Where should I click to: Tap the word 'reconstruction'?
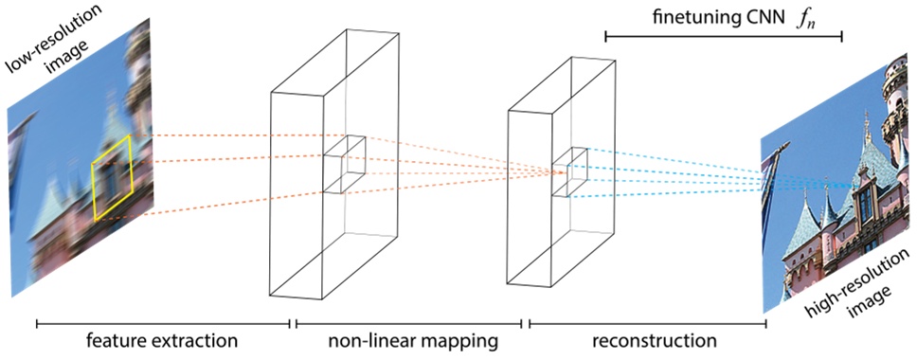click(650, 339)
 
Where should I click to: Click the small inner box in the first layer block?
click(345, 164)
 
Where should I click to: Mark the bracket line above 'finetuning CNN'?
click(723, 37)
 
